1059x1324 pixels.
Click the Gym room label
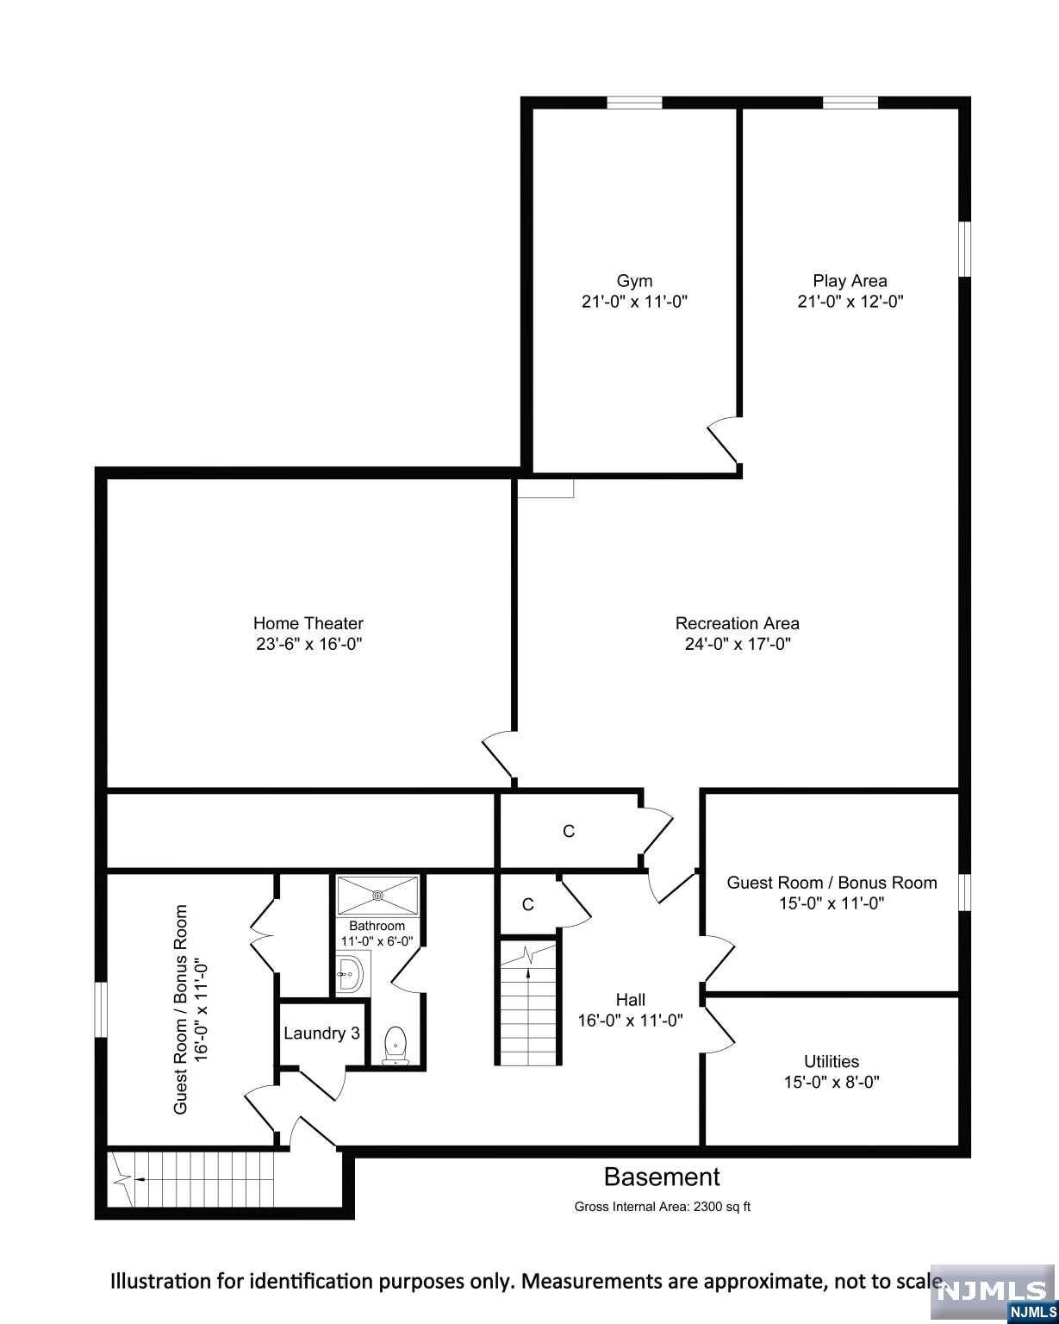pyautogui.click(x=634, y=280)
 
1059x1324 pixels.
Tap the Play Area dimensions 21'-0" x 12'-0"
pyautogui.click(x=850, y=302)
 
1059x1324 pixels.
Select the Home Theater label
pyautogui.click(x=308, y=623)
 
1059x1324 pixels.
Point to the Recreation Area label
pyautogui.click(x=737, y=623)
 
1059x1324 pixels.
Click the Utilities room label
pyautogui.click(x=831, y=1061)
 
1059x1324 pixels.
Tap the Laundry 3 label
pyautogui.click(x=321, y=1033)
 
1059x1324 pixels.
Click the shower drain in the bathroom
pyautogui.click(x=379, y=896)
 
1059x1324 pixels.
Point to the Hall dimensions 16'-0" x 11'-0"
pyautogui.click(x=630, y=1021)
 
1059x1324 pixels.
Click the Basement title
pyautogui.click(x=662, y=1177)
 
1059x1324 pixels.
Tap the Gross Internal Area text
pyautogui.click(x=662, y=1207)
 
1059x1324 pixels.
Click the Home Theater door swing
pyautogui.click(x=497, y=754)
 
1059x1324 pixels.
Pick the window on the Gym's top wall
pyautogui.click(x=634, y=103)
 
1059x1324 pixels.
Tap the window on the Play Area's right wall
pyautogui.click(x=965, y=248)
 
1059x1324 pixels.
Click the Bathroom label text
pyautogui.click(x=377, y=926)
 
